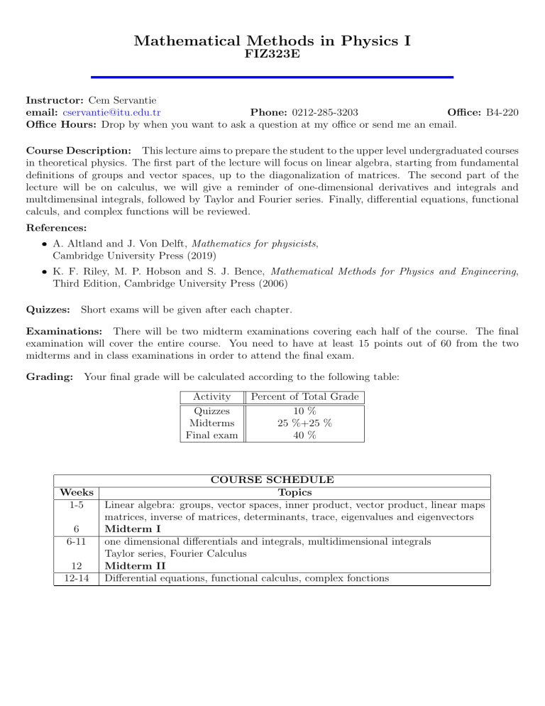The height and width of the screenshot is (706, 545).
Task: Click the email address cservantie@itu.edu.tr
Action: click(x=111, y=112)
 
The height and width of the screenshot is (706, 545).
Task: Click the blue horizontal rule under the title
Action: click(x=272, y=77)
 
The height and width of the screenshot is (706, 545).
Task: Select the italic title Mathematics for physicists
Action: click(x=253, y=242)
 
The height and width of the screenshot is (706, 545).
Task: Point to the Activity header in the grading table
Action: click(x=211, y=396)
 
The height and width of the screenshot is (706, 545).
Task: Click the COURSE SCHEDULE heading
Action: click(x=272, y=480)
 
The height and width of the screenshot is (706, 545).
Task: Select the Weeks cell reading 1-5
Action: click(x=75, y=505)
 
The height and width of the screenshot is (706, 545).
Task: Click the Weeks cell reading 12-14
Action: click(x=75, y=578)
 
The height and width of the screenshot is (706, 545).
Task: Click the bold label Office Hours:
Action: click(x=62, y=124)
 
